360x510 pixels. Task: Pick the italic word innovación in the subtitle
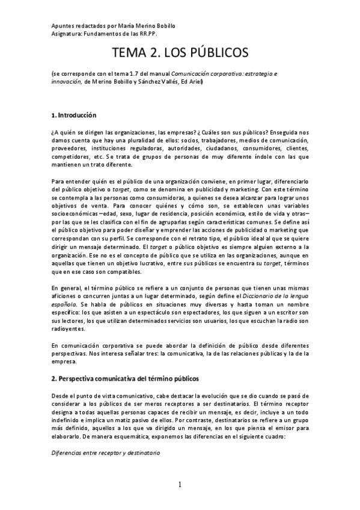[x=66, y=82]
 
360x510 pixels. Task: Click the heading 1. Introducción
[x=73, y=115]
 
